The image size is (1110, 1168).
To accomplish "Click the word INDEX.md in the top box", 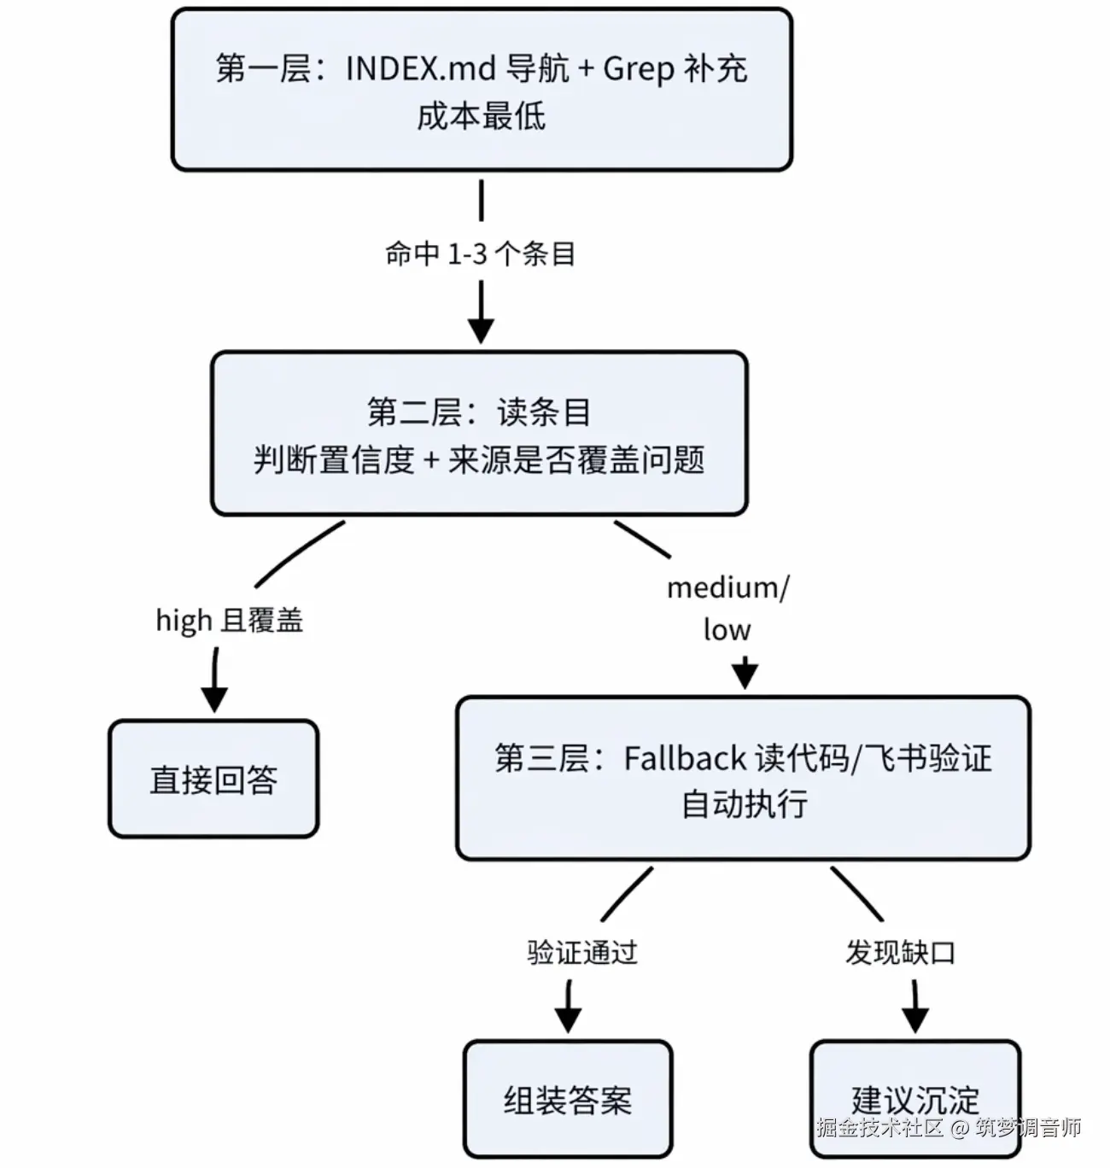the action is click(421, 68).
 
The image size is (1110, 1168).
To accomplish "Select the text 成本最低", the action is click(482, 116).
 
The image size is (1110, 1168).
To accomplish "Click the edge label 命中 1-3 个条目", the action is click(480, 254).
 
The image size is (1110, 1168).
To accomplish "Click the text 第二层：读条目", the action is click(479, 412).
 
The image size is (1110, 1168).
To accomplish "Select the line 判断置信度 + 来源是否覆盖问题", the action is click(479, 460).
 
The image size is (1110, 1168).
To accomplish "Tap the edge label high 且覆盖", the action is click(230, 621).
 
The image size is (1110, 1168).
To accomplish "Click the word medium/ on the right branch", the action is click(728, 587).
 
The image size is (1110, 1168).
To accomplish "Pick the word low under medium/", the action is click(727, 630).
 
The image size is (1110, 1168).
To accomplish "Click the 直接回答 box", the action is click(214, 779).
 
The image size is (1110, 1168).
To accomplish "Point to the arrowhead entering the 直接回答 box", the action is click(214, 700).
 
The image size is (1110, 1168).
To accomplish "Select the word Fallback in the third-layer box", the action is click(685, 758).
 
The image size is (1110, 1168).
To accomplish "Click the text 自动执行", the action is click(744, 803).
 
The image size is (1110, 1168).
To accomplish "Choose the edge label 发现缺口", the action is click(900, 952).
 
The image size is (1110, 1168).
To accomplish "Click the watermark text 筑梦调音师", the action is click(1028, 1127).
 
